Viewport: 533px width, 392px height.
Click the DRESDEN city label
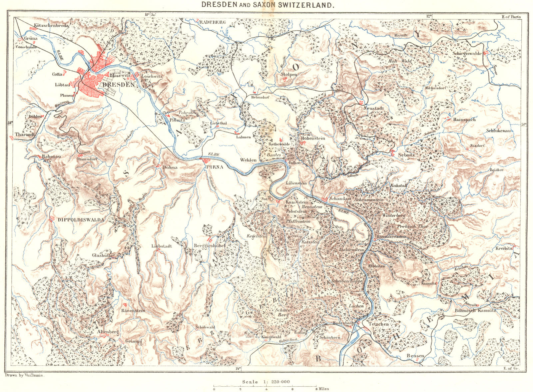click(x=119, y=85)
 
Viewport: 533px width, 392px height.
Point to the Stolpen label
click(x=289, y=75)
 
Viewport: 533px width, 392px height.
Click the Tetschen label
click(x=379, y=324)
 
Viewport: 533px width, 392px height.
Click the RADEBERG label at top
click(x=213, y=22)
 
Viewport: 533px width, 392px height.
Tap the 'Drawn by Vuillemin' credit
click(x=25, y=375)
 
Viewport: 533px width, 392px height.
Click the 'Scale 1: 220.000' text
click(x=266, y=382)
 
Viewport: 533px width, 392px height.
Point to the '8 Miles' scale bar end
click(x=322, y=388)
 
